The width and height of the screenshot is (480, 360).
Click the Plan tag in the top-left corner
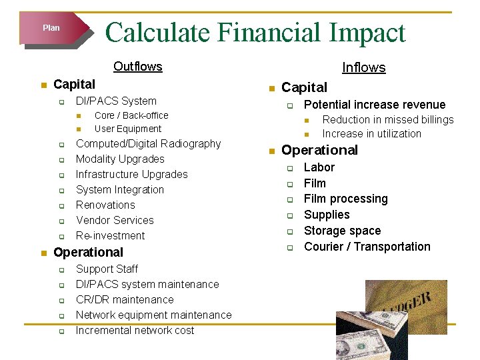pos(51,28)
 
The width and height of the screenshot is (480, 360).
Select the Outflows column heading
pos(138,66)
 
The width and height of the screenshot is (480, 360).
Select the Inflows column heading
pos(363,67)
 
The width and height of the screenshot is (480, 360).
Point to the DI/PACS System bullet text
pos(116,101)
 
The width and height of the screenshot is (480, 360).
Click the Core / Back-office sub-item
pos(131,115)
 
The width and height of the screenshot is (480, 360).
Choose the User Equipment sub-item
pos(128,129)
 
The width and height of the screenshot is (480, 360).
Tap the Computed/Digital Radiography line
pos(148,144)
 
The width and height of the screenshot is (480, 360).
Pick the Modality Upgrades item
pos(120,159)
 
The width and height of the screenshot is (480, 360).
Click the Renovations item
pos(105,205)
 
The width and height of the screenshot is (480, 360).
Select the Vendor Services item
pos(115,221)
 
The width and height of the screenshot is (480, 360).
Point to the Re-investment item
pos(110,236)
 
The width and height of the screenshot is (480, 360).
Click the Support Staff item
pos(107,269)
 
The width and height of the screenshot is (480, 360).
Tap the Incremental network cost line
pos(135,331)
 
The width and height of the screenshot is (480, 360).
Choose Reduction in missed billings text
pos(387,120)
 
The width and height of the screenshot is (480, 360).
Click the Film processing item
pos(345,199)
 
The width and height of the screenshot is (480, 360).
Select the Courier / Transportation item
pos(367,247)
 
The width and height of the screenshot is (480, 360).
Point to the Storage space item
pos(342,231)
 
